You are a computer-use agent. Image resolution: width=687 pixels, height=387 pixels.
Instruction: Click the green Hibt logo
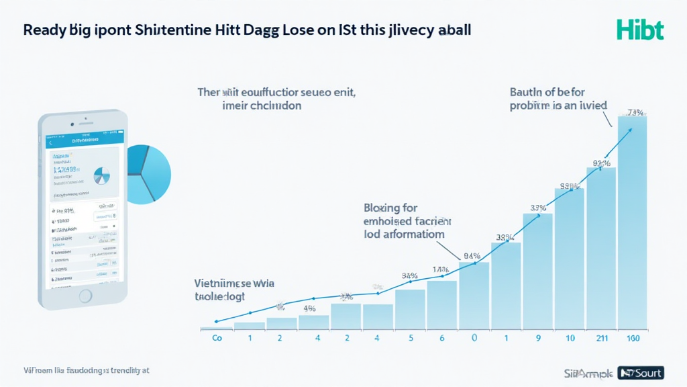tap(640, 30)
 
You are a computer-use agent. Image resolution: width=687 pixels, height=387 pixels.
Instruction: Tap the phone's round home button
tap(85, 295)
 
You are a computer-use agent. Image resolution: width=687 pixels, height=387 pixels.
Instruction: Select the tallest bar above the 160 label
tap(632, 222)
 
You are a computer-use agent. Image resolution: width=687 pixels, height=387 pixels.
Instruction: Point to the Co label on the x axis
tap(217, 339)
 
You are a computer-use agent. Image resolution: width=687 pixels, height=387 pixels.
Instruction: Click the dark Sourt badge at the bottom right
tap(641, 372)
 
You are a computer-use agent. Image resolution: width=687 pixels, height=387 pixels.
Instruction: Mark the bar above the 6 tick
tap(441, 304)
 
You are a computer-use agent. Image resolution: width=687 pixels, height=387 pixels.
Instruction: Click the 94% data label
tap(472, 255)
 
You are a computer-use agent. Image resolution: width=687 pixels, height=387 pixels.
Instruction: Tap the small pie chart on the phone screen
tap(102, 176)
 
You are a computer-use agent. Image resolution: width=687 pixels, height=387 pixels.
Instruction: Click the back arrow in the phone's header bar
tap(50, 142)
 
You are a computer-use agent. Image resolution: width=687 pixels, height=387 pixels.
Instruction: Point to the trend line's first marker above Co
tap(216, 321)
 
